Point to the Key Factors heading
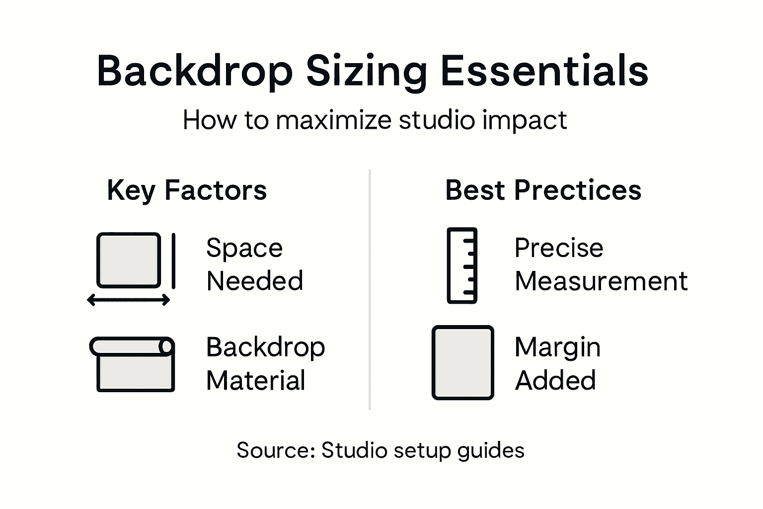click(x=187, y=190)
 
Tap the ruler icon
click(x=462, y=265)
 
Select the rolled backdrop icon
click(x=132, y=364)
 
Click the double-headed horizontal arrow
click(x=129, y=300)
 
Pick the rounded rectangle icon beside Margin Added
click(x=462, y=362)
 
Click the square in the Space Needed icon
click(x=129, y=260)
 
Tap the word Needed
click(x=254, y=281)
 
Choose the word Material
click(x=255, y=381)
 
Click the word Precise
click(x=558, y=248)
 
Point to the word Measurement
click(x=601, y=281)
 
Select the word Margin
click(x=557, y=347)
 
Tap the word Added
click(x=555, y=381)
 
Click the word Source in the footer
click(x=275, y=450)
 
